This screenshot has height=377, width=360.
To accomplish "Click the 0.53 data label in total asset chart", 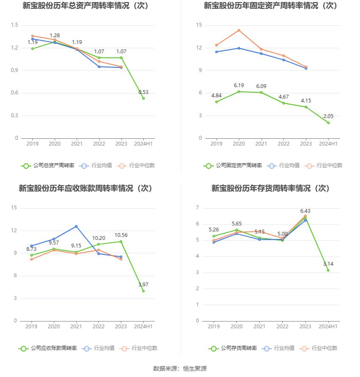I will click(144, 92).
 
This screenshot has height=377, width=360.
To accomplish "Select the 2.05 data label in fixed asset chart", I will click(328, 116).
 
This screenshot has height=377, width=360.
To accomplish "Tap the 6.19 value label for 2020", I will click(239, 85).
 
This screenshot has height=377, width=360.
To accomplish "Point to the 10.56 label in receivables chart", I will click(121, 235).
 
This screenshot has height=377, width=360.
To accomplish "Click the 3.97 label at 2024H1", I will click(144, 285).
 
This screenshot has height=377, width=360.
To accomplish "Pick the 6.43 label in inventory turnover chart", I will click(305, 211).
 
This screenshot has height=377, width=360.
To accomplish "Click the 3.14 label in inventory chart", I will click(328, 264).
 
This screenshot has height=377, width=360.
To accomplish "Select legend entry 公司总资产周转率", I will click(47, 165).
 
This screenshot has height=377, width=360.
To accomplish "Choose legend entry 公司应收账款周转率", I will click(47, 348).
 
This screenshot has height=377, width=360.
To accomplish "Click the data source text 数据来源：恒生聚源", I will click(180, 369).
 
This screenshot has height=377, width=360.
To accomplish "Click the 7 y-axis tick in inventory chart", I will click(197, 208).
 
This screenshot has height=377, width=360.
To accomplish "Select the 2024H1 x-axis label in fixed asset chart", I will click(328, 144).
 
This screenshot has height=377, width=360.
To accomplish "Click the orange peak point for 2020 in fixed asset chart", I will click(239, 30).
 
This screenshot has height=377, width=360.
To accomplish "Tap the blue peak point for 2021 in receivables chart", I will click(76, 226).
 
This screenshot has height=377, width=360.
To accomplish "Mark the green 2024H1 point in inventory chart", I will click(328, 270).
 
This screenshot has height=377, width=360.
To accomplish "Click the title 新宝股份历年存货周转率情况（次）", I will click(271, 188).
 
